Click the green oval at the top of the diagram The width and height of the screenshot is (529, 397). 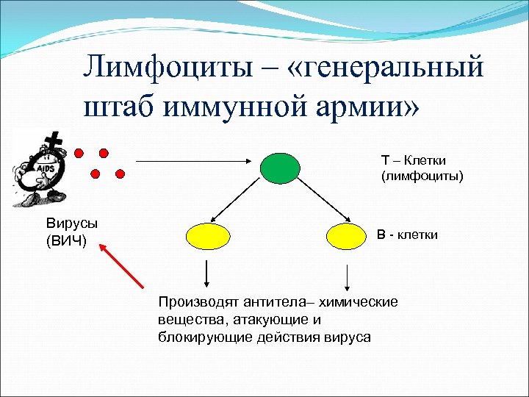point(279,166)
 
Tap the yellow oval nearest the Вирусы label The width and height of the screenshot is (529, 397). point(209,235)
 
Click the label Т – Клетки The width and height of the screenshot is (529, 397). point(413,160)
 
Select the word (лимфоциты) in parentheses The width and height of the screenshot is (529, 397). point(422,176)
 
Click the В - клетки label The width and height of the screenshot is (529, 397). point(407,235)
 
